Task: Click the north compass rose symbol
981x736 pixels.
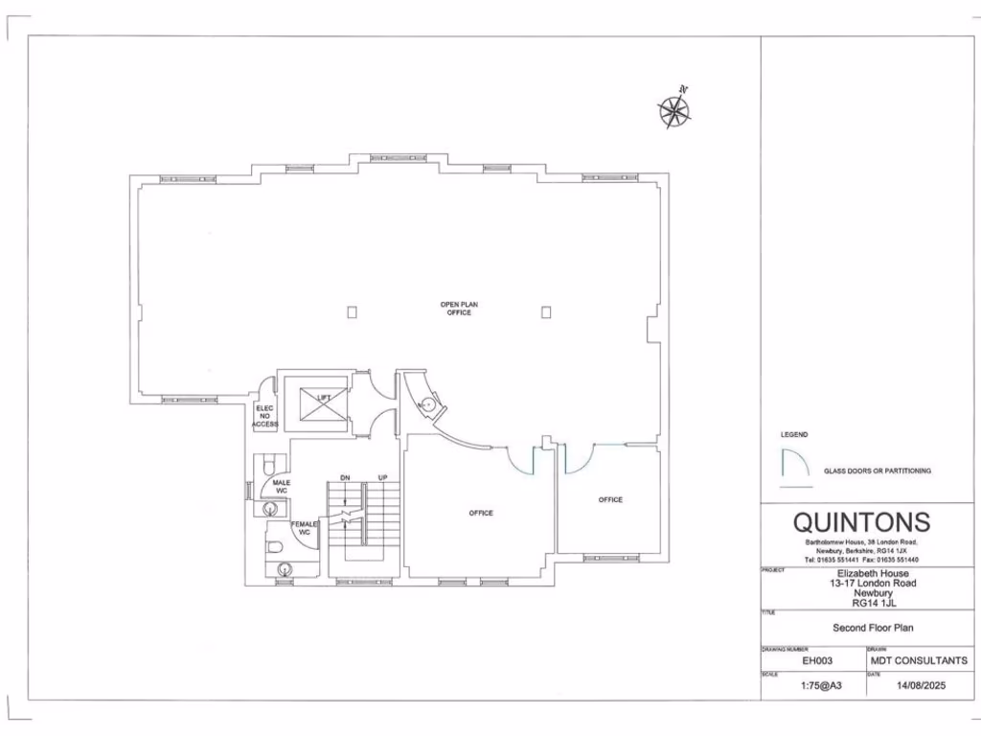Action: [x=674, y=109]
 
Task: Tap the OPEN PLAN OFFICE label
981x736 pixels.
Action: [x=459, y=309]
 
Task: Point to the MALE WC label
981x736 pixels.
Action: [x=282, y=487]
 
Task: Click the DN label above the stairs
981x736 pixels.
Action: [x=345, y=477]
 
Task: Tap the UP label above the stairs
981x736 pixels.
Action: [x=383, y=477]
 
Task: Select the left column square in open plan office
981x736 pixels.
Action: [x=353, y=311]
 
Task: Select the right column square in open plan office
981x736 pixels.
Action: [x=546, y=311]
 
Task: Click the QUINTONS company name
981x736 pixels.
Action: [x=861, y=522]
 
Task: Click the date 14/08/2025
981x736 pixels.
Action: [x=920, y=686]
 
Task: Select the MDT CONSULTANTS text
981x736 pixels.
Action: [x=919, y=660]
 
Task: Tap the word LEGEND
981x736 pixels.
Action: [x=794, y=435]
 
